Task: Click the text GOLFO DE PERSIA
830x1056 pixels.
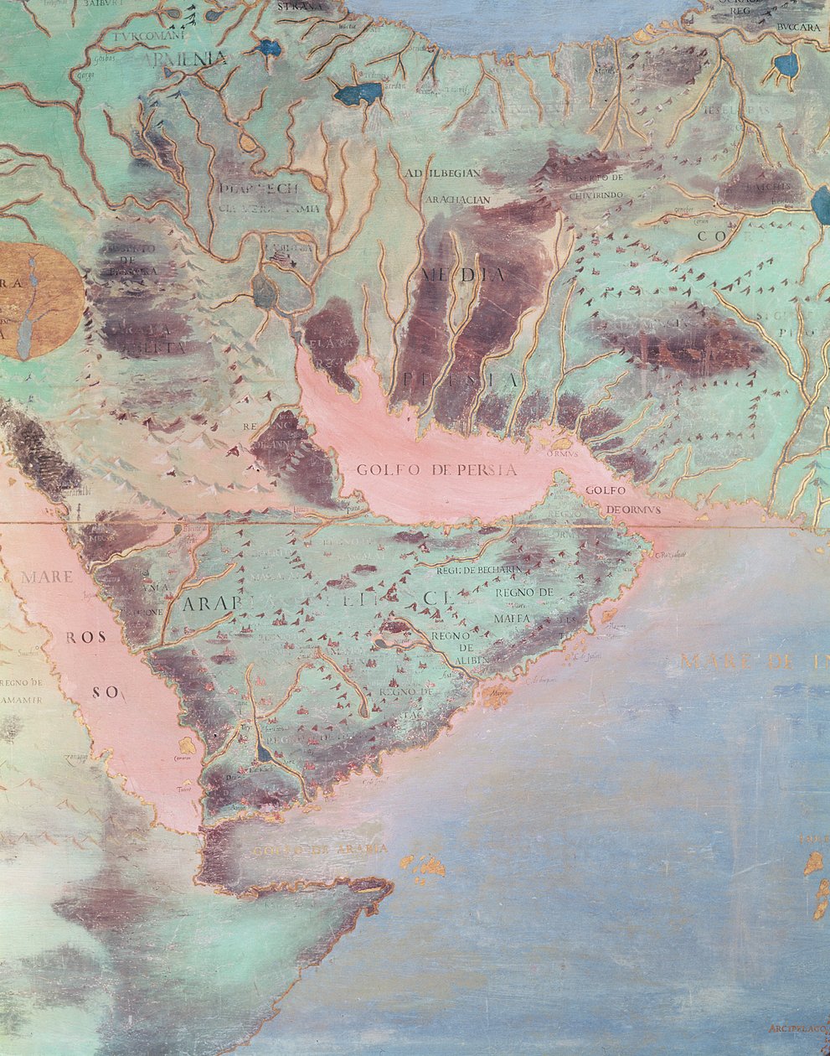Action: (x=436, y=469)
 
